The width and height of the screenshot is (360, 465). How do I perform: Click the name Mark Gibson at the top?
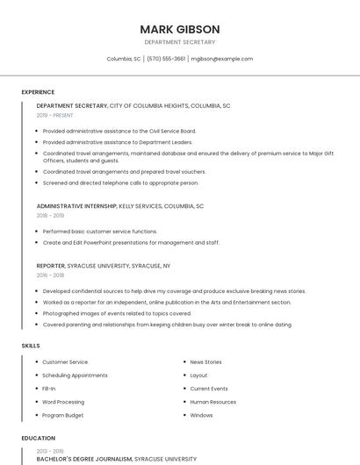[180, 29]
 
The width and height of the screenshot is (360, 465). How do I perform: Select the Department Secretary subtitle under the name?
[180, 42]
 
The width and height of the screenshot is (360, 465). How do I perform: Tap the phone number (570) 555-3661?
[166, 59]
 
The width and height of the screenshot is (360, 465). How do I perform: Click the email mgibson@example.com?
[222, 59]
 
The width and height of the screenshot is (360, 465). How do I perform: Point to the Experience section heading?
[38, 92]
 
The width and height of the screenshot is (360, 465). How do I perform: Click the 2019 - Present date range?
[54, 115]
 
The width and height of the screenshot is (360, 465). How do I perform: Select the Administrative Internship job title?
[76, 206]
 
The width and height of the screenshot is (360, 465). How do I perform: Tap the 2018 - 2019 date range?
[50, 215]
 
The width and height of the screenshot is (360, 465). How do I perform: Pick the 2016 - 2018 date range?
[50, 275]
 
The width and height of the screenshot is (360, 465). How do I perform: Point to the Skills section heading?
[31, 346]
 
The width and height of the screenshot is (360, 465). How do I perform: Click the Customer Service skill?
[65, 361]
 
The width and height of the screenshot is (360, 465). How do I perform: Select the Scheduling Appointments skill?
[75, 375]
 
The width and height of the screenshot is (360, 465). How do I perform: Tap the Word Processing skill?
[63, 402]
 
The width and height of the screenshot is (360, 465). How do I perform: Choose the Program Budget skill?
[63, 415]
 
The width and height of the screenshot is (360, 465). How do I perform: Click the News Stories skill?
[205, 361]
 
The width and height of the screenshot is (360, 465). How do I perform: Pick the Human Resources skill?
[212, 402]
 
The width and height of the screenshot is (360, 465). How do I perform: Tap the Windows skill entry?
[201, 415]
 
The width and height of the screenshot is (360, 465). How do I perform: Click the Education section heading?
[38, 438]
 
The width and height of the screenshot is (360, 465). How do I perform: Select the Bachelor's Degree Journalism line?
[84, 458]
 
